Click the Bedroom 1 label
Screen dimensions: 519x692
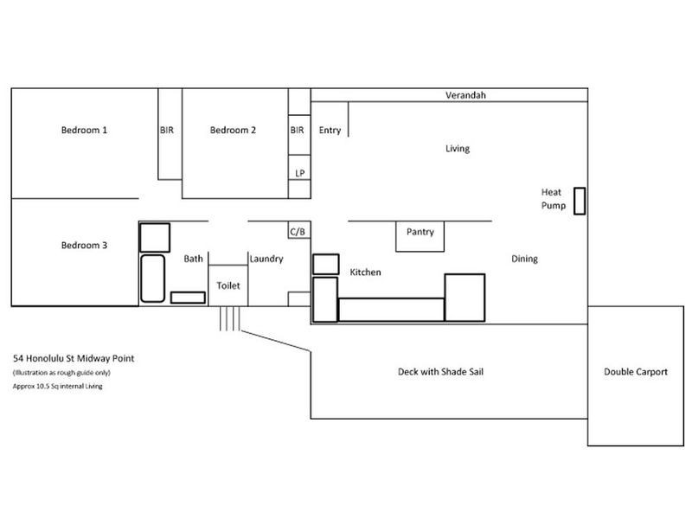[x=84, y=131]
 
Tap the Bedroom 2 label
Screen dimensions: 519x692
[x=233, y=131]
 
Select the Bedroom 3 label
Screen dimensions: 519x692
[x=84, y=245]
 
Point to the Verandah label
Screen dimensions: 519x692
[x=465, y=95]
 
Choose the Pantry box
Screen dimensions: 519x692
[x=420, y=234]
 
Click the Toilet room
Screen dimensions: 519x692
[x=228, y=285]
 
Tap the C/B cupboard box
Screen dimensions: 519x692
[x=298, y=231]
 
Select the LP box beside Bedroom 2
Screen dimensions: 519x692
[x=299, y=172]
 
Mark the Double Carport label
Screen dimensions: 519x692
[x=635, y=371]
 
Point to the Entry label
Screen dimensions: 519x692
[x=330, y=131]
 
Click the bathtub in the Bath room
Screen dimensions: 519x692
[x=152, y=278]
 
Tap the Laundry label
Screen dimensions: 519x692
[x=266, y=258]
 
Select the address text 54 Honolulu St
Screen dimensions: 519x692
[x=74, y=357]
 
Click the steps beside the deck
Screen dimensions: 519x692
[x=229, y=317]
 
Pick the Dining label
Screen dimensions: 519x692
[x=524, y=259]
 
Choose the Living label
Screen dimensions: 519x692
[x=457, y=149]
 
